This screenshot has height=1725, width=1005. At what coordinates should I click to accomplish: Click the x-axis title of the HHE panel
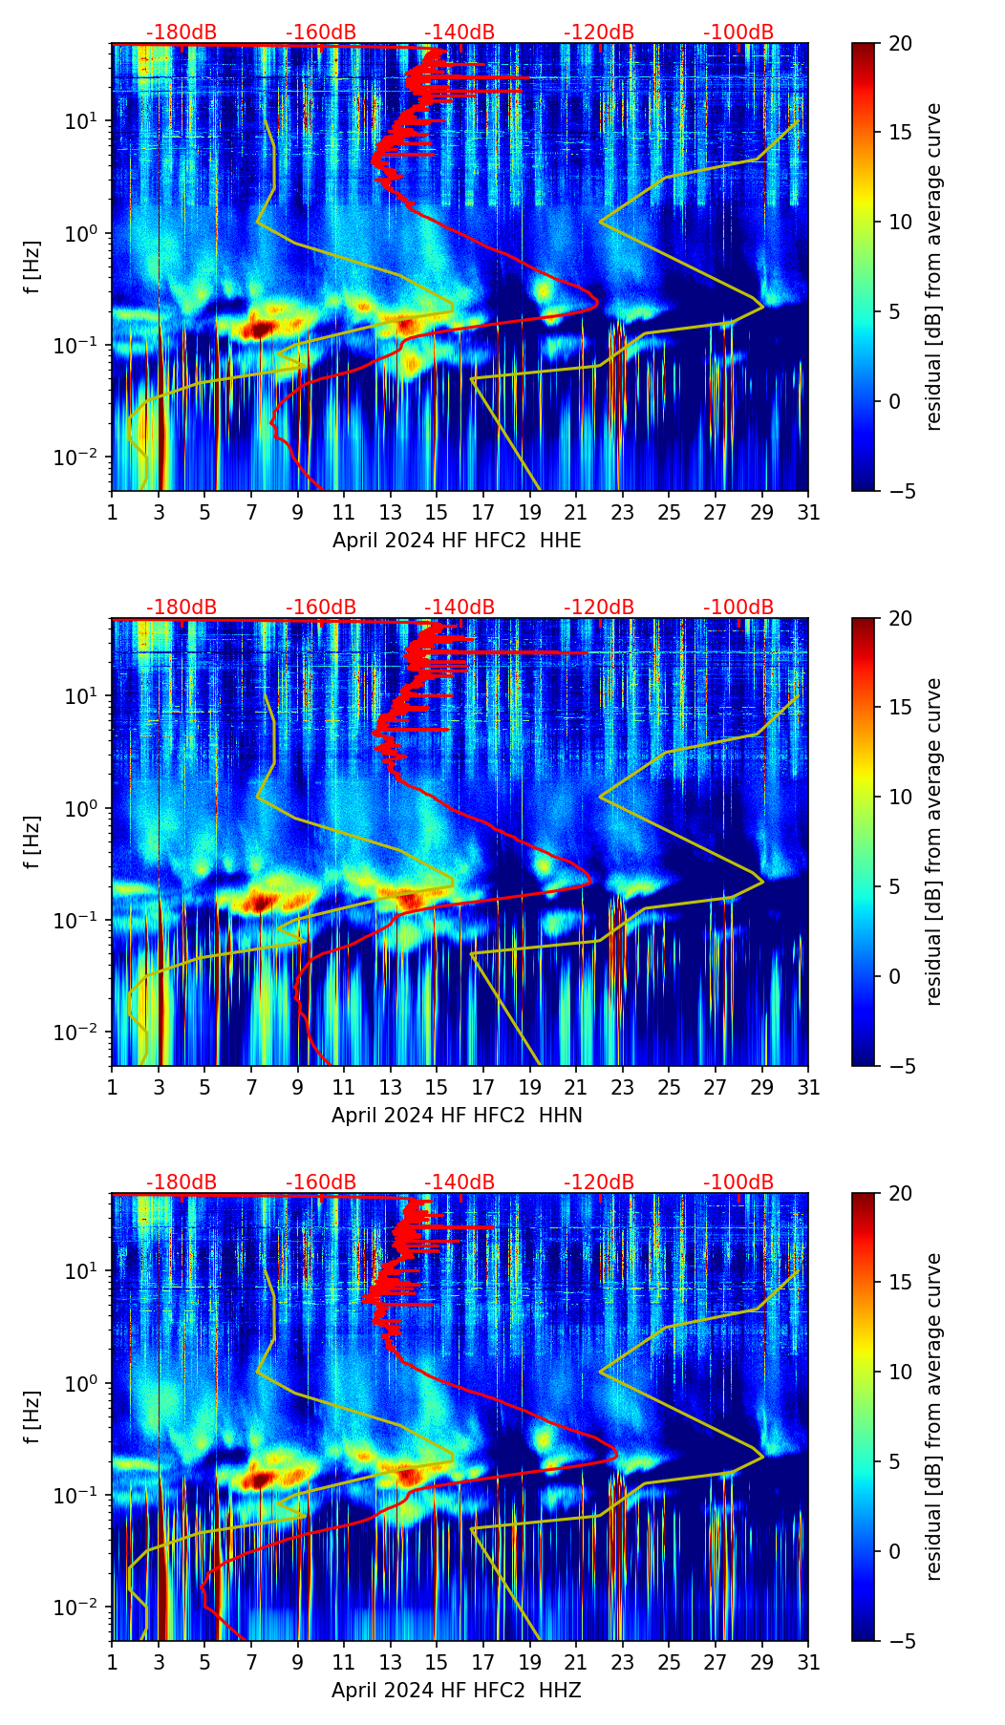457,541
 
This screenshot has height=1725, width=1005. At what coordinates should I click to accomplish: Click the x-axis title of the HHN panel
457,1116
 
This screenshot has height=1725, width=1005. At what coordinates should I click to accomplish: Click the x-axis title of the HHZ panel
457,1691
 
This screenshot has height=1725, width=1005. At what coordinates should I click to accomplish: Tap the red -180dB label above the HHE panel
182,32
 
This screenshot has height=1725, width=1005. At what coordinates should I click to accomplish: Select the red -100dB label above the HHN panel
738,607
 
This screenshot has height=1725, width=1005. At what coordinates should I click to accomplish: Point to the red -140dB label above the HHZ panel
460,1182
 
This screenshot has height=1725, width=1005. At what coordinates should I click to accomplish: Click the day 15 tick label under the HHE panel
437,512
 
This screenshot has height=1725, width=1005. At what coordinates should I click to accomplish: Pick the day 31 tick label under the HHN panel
808,1087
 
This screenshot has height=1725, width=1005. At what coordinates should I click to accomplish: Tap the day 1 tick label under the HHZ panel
113,1662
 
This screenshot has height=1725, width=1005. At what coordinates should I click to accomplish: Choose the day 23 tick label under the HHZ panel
623,1662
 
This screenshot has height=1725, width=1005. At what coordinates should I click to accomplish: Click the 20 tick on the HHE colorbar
899,43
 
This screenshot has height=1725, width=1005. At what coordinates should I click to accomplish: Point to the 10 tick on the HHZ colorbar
899,1372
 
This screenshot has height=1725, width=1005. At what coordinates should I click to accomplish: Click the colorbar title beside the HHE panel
933,266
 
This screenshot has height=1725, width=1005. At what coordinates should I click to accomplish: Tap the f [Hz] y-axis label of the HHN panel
33,841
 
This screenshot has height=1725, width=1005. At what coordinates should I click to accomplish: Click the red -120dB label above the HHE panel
599,32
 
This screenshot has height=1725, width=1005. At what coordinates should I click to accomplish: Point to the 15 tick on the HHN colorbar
899,707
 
